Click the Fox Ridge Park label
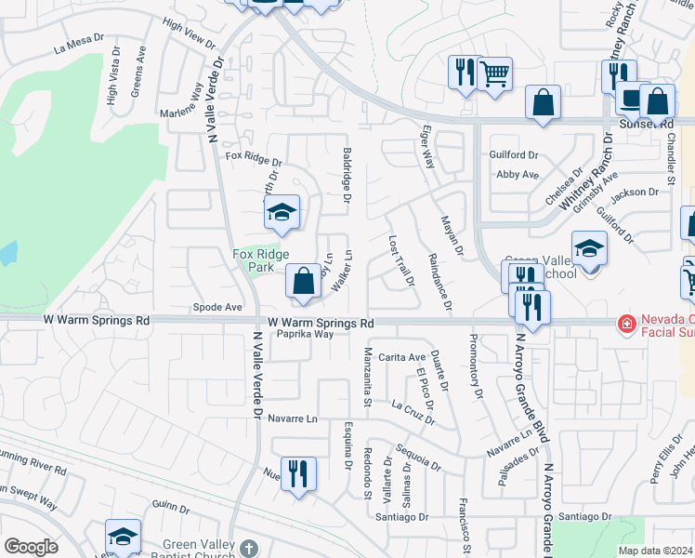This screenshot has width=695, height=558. coord(260,260)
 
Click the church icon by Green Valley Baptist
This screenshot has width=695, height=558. coord(248,548)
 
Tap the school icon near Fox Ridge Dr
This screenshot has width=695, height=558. coord(282,213)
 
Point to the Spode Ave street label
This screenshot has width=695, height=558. coord(216,306)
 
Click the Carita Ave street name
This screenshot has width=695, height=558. coord(401,357)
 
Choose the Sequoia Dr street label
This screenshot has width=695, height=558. coord(416,454)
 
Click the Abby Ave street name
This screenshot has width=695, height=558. coord(518,175)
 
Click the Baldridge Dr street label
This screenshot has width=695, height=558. coord(346,175)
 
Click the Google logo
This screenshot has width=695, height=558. coord(31,548)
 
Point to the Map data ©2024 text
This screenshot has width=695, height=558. coord(656,551)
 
